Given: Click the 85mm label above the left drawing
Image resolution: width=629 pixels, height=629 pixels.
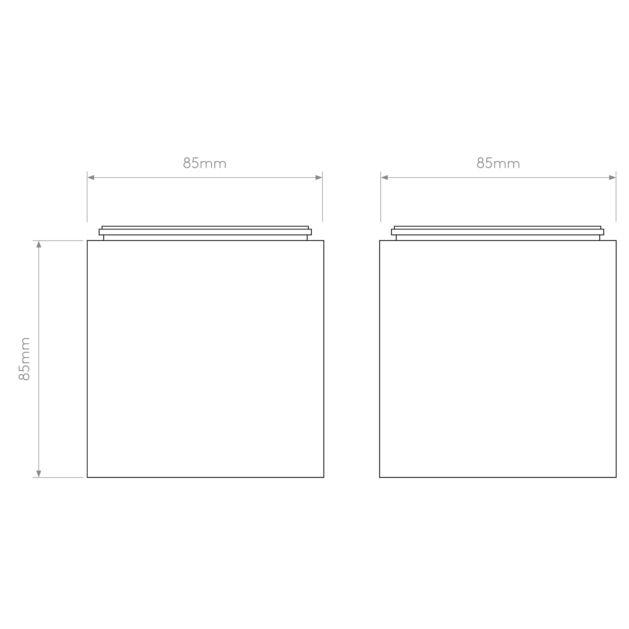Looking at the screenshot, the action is [205, 163].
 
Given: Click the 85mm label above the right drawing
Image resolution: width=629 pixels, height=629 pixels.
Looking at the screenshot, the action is [498, 163].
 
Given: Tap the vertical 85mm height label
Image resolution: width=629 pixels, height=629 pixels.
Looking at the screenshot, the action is [24, 359].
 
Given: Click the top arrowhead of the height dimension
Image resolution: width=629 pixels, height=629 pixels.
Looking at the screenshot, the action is [39, 244].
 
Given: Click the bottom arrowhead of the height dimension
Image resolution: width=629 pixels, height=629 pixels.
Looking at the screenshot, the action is [39, 474].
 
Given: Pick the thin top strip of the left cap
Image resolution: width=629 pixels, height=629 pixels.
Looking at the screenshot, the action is [205, 228].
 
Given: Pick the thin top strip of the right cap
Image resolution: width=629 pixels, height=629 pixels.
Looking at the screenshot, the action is [497, 228].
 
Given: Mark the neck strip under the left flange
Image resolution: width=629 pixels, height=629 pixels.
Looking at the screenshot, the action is [205, 238].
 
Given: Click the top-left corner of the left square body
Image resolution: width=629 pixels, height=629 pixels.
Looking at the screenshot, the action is [87, 241].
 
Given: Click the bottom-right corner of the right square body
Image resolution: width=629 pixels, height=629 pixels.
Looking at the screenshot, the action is [616, 477].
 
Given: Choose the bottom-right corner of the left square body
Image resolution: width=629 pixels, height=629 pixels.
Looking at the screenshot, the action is [324, 477].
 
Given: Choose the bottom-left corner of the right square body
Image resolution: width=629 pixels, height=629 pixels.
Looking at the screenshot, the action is [380, 477].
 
